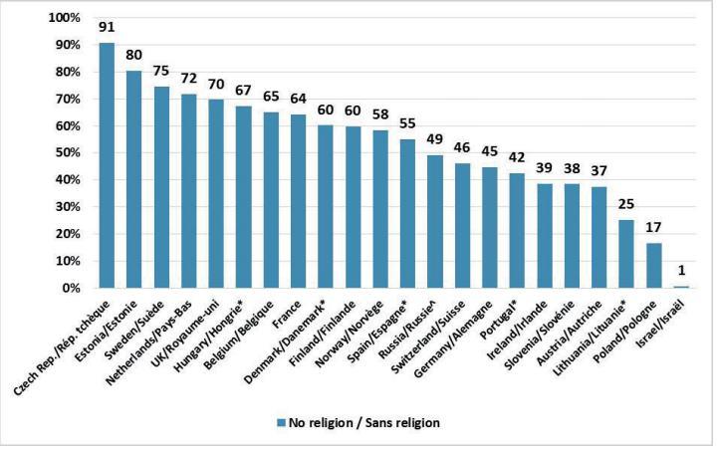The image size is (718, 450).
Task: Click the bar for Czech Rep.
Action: coord(108,165)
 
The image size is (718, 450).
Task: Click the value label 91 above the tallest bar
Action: coord(108,28)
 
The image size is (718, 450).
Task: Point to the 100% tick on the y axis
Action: coord(63,18)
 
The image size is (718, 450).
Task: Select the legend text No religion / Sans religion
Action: coord(364,421)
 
